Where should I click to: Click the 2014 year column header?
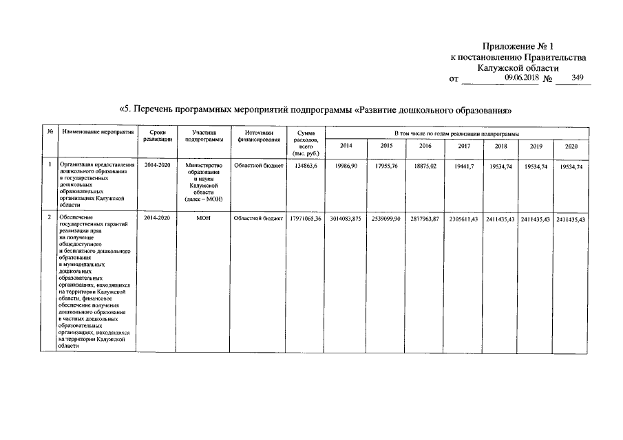point(346,146)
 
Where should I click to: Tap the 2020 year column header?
point(571,146)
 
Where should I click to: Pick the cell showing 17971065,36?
point(306,218)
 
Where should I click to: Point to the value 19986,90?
point(346,166)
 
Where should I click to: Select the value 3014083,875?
point(346,218)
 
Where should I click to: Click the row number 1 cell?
point(50,166)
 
